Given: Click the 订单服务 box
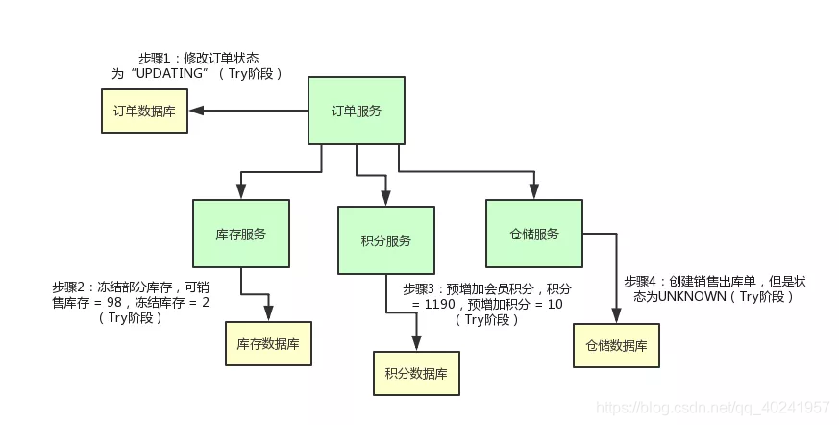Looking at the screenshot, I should [x=356, y=111].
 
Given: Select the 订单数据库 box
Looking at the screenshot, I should [x=145, y=111].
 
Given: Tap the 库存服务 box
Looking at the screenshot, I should [x=241, y=234].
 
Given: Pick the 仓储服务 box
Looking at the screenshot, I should [x=533, y=234].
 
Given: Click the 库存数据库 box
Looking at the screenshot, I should [x=268, y=343].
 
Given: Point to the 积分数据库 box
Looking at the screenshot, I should [x=416, y=373].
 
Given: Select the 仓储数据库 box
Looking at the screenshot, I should [x=616, y=345].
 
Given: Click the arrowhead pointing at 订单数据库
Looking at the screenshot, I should [x=195, y=111].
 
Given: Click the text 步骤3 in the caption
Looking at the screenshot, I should [x=420, y=288].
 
